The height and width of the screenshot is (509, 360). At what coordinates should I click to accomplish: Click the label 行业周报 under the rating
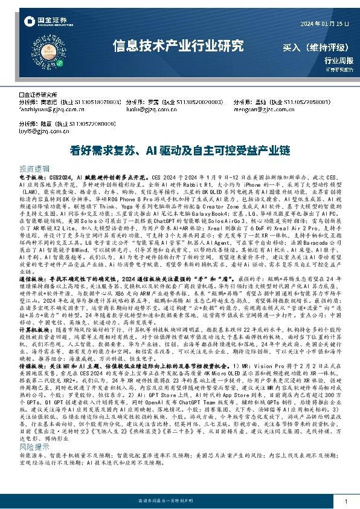point(337,60)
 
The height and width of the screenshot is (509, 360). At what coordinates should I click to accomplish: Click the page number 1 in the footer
point(345,502)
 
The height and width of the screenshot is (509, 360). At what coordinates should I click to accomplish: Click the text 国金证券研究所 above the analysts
point(39,95)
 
